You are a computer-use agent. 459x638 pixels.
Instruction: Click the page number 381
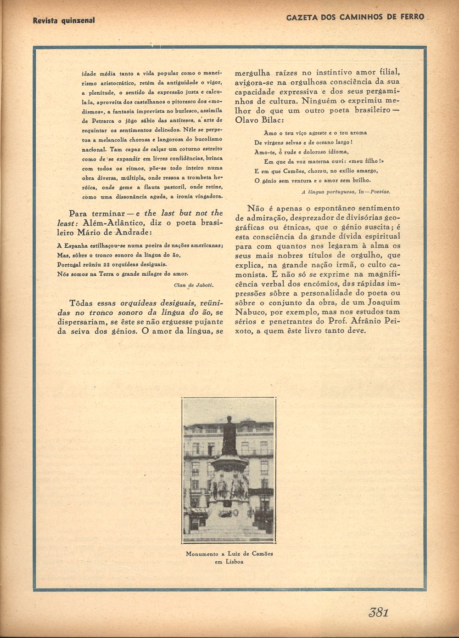click(378, 612)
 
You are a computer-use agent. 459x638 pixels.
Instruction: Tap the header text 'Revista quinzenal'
click(64, 20)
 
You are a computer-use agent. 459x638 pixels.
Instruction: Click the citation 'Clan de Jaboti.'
click(194, 285)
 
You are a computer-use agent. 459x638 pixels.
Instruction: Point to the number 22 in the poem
click(109, 264)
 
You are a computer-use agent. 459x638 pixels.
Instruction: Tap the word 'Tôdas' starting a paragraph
click(81, 303)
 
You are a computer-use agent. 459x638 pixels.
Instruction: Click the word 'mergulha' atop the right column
click(254, 73)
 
